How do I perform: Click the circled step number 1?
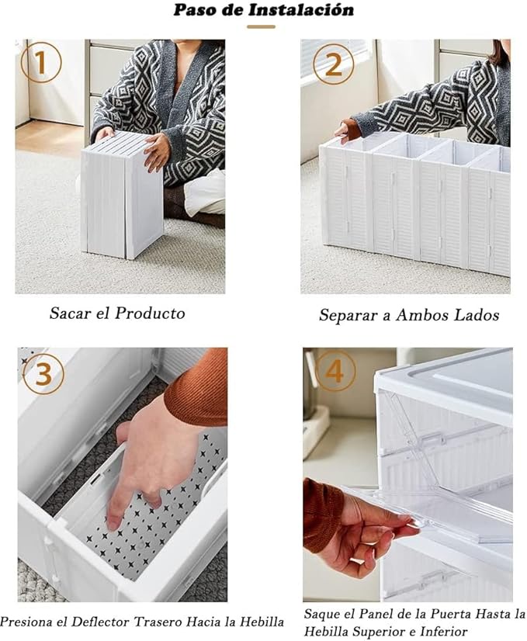click(x=41, y=64)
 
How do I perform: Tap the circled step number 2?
click(x=333, y=64)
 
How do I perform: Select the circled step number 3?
click(x=43, y=373)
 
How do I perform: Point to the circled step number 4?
click(x=335, y=371)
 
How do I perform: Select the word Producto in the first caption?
click(x=150, y=314)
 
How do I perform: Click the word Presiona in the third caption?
click(x=26, y=622)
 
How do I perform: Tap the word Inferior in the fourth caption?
click(x=447, y=630)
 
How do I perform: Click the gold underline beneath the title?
click(x=261, y=27)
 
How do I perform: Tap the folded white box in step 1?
click(x=122, y=195)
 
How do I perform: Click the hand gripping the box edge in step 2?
click(x=347, y=130)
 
